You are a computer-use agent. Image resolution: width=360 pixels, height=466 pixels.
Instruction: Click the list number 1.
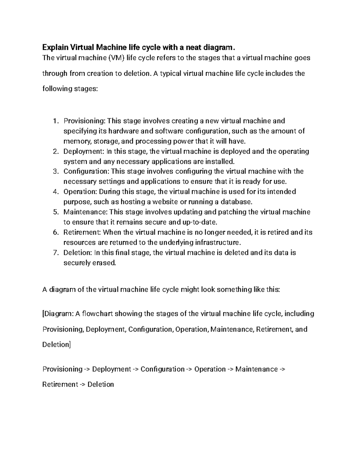point(55,121)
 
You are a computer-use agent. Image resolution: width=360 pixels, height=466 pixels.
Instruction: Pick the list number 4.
point(55,192)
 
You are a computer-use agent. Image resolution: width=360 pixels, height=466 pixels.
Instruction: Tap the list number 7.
point(55,253)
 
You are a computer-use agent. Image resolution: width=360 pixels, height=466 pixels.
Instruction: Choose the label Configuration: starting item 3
point(86,171)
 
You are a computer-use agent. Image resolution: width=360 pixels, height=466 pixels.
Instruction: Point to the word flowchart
point(98,314)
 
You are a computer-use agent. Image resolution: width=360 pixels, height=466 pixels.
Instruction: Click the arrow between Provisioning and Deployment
point(87,369)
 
